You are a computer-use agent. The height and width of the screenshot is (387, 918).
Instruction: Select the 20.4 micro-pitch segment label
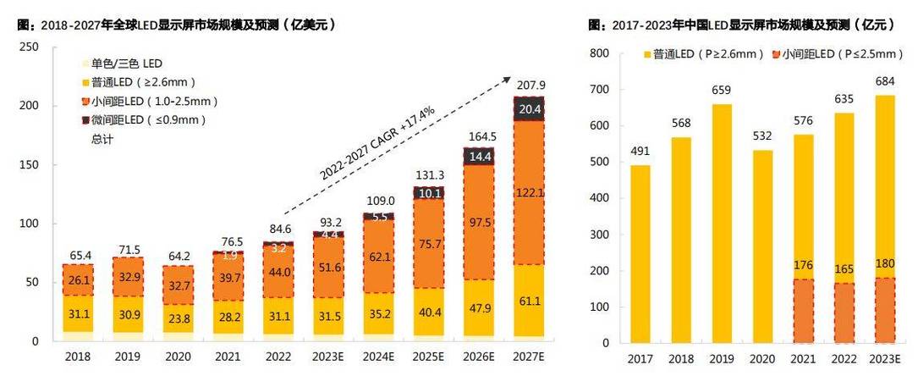530,108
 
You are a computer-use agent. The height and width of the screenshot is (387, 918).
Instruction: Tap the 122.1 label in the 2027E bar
530,194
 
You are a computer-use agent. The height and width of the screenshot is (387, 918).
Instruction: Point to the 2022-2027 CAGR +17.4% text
377,142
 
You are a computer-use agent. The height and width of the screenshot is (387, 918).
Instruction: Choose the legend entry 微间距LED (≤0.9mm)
141,120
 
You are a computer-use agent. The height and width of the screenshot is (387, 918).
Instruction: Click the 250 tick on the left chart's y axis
28,47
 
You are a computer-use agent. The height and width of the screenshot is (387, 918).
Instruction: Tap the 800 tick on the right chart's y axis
599,53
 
